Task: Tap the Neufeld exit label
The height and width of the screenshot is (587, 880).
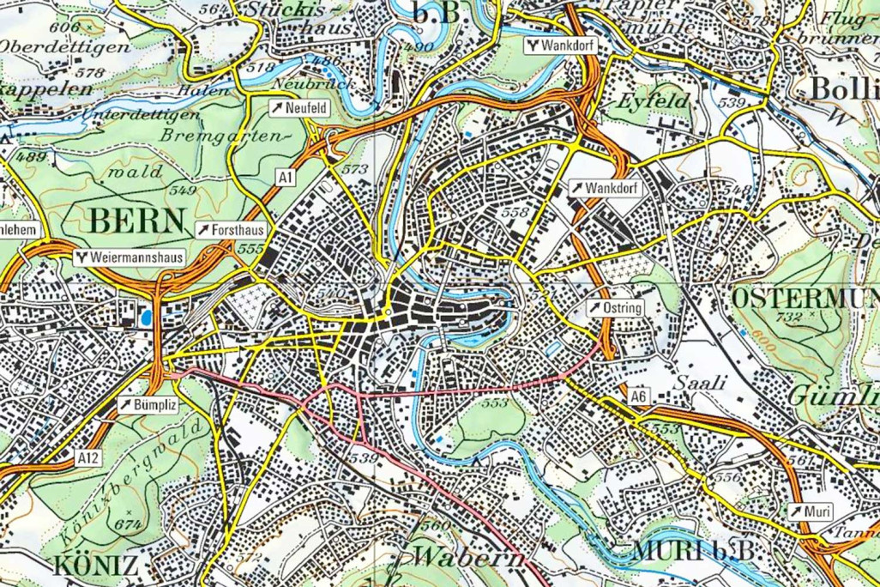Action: [x=298, y=108]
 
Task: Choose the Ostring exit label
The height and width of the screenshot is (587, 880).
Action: [x=617, y=307]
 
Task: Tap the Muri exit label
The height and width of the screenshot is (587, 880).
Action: [x=811, y=511]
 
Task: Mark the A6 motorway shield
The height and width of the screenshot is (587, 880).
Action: [x=636, y=397]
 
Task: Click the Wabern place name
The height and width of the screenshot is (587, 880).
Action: [x=468, y=557]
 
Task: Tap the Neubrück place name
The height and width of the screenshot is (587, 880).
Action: [x=305, y=84]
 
